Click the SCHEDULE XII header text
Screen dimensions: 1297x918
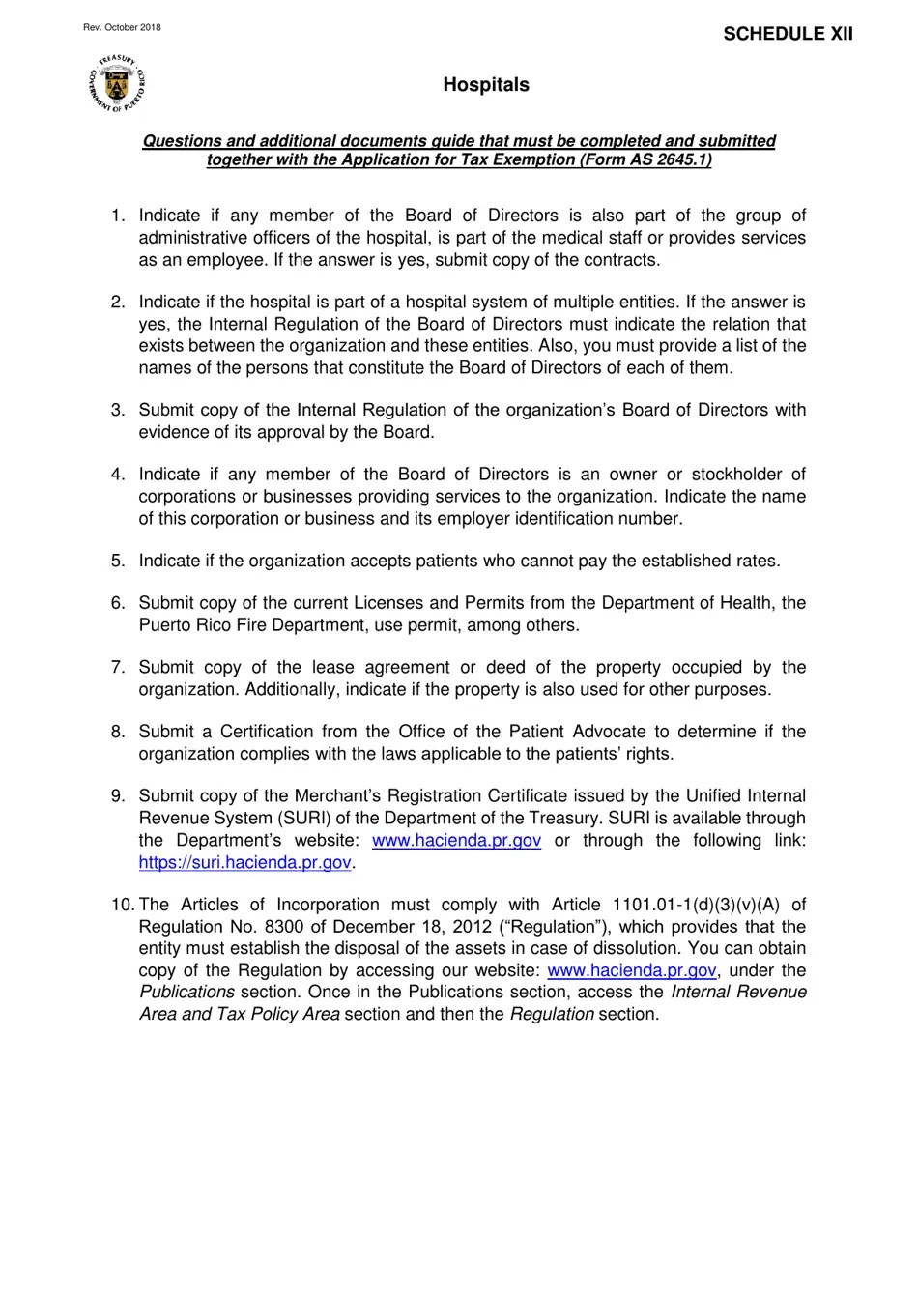pyautogui.click(x=788, y=34)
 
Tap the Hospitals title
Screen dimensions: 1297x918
pyautogui.click(x=486, y=85)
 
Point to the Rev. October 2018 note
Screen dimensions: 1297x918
pyautogui.click(x=122, y=27)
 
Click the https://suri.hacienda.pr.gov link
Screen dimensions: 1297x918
pyautogui.click(x=244, y=862)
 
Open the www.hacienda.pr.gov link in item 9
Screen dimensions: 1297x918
pyautogui.click(x=456, y=840)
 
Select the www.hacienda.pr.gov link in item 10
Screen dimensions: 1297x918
pyautogui.click(x=632, y=970)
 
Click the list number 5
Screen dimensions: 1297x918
pyautogui.click(x=118, y=561)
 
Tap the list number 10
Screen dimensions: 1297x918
pyautogui.click(x=123, y=905)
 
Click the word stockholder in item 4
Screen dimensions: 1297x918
pyautogui.click(x=735, y=475)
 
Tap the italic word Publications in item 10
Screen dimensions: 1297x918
pyautogui.click(x=186, y=993)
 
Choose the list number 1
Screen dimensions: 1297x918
pyautogui.click(x=118, y=216)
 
